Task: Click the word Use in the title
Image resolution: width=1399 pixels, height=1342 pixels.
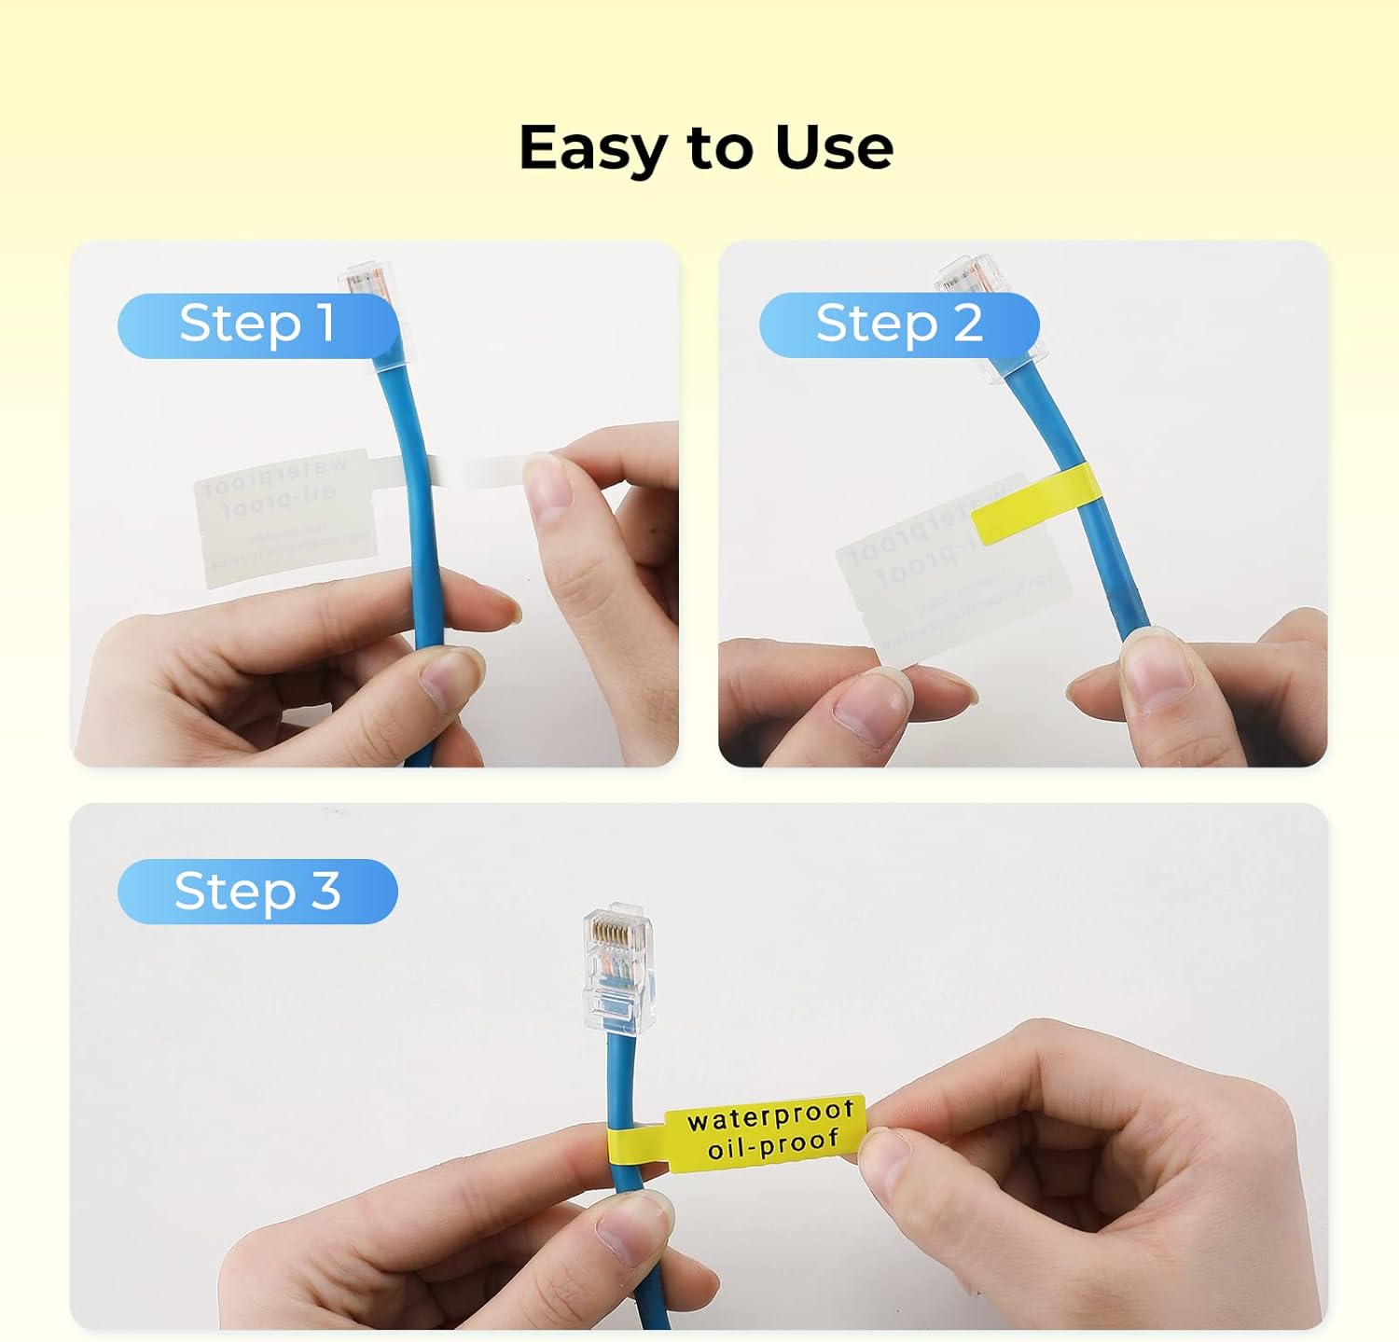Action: coord(833,147)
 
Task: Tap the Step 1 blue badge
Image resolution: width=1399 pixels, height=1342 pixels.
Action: coord(257,325)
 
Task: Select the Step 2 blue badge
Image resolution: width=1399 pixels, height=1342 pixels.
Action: coord(898,325)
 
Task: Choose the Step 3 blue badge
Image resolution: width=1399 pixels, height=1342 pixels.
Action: coord(257,892)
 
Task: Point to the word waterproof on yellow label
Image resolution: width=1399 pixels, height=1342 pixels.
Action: coord(770,1115)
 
